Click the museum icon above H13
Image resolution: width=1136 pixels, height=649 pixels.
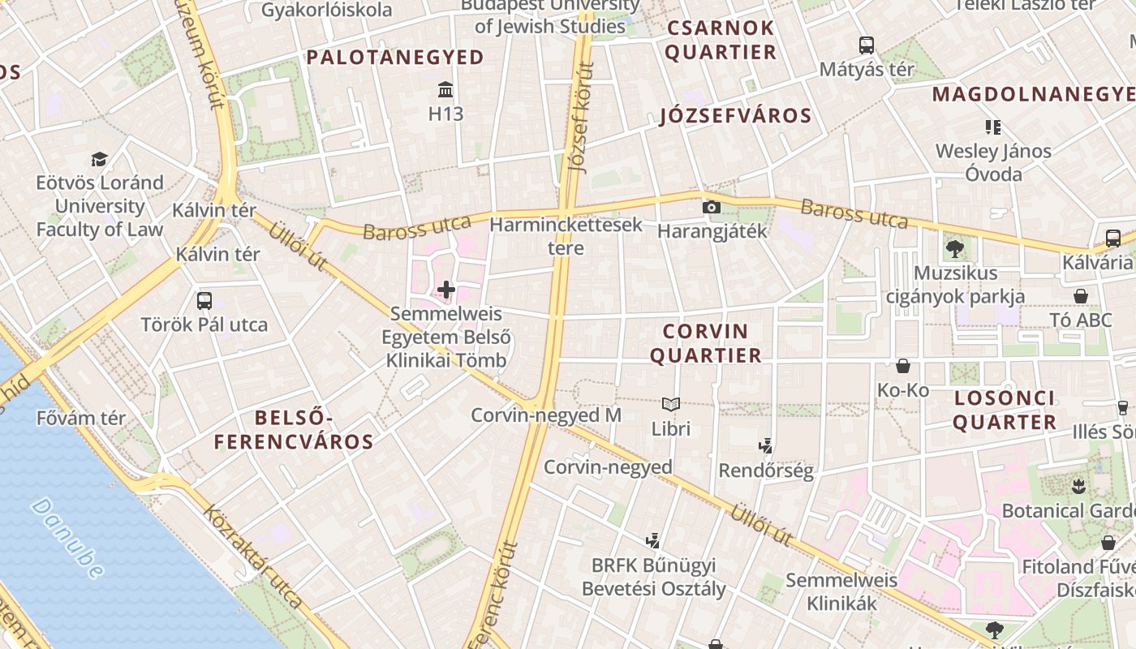[445, 88]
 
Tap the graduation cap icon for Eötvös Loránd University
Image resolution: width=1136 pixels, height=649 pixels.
[99, 158]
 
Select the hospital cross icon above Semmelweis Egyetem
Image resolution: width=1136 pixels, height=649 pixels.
[446, 289]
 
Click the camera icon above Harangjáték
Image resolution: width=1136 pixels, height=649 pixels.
[712, 208]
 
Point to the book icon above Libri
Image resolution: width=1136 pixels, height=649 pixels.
[671, 404]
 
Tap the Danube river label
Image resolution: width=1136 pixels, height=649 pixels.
[68, 538]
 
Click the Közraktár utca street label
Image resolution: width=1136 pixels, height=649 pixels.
[253, 557]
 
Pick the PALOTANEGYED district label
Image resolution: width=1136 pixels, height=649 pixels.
[395, 58]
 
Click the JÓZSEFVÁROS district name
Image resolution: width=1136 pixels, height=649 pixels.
[736, 116]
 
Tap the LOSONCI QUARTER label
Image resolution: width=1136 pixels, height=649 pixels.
[1005, 410]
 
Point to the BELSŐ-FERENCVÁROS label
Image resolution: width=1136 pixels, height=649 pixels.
[294, 430]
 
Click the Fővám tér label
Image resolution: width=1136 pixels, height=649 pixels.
[81, 419]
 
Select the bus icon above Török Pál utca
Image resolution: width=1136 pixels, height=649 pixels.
[204, 301]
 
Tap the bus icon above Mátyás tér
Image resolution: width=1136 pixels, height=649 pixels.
[867, 45]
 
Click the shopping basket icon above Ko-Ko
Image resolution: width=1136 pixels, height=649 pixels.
[903, 367]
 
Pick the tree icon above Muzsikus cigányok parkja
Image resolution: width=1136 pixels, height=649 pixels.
[954, 249]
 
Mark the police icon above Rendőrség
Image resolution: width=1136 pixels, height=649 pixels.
[765, 445]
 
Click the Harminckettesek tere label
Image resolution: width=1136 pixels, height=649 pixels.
[566, 236]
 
